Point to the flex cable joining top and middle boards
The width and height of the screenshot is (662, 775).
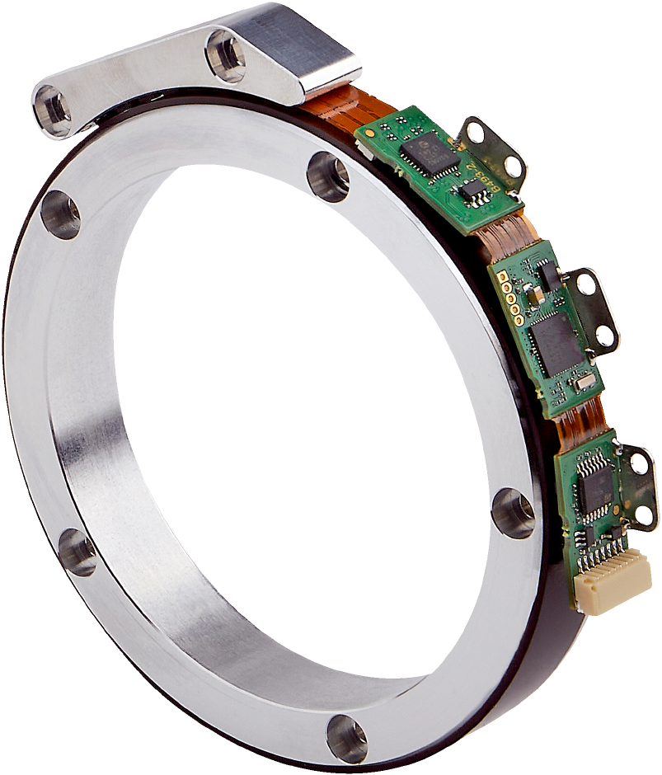pos(497,242)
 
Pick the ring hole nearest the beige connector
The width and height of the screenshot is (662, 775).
pos(512,511)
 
